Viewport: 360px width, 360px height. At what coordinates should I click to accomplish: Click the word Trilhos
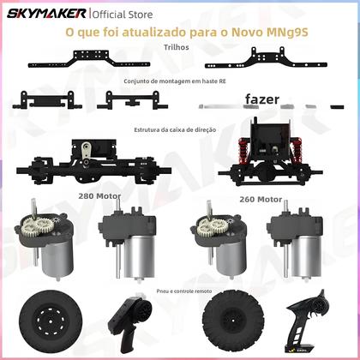tap(181, 48)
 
